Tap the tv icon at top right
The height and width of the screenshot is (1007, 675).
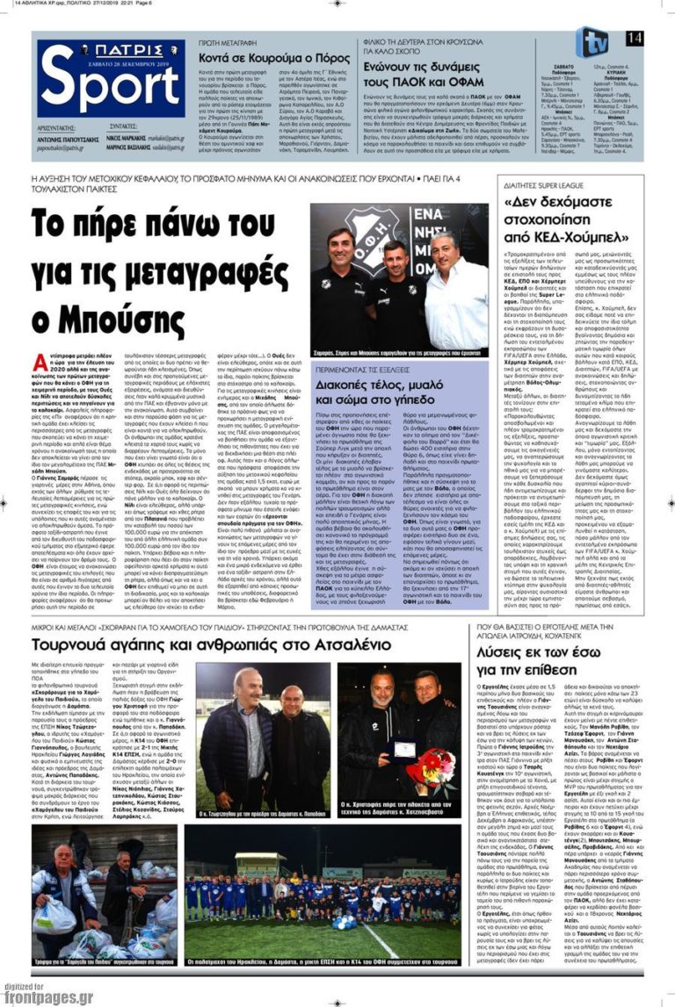click(594, 40)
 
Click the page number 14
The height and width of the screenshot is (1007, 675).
click(634, 37)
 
